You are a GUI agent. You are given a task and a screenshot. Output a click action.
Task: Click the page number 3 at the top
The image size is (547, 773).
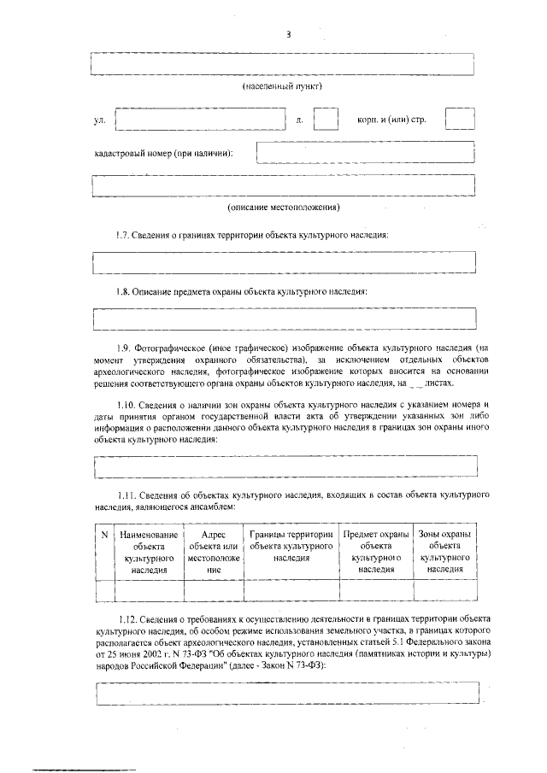(x=288, y=34)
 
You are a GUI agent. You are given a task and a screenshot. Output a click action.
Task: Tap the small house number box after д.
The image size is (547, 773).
(x=326, y=120)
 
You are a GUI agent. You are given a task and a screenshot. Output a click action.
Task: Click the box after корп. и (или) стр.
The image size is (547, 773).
(x=460, y=120)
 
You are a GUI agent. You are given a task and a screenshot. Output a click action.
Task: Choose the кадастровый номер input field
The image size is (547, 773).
(x=366, y=152)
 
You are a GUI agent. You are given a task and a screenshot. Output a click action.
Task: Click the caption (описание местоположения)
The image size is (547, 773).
(x=283, y=208)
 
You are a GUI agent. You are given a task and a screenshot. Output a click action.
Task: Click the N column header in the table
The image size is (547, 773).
(x=103, y=535)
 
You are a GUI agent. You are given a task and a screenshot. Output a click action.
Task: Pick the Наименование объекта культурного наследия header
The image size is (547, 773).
(x=149, y=551)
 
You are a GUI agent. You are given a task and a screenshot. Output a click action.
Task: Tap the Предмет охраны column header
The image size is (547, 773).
(x=376, y=551)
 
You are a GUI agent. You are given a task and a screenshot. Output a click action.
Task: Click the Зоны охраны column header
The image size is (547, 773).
(x=444, y=551)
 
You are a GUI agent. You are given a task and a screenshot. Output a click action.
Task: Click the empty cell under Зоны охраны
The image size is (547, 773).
(x=444, y=591)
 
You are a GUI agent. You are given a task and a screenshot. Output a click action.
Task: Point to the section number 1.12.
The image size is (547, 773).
(x=127, y=617)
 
